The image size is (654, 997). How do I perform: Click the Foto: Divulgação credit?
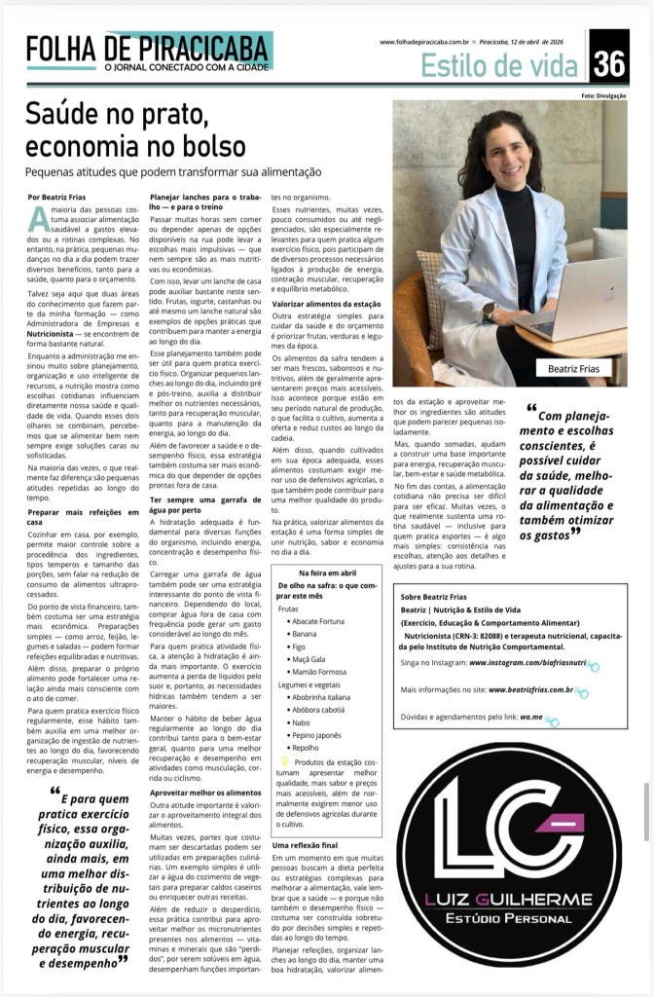click(604, 95)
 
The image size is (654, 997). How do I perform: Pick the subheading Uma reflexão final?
click(306, 845)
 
